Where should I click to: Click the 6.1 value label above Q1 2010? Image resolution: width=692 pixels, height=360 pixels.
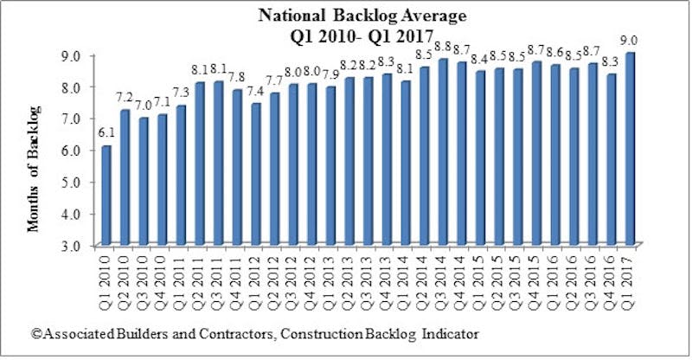[x=106, y=133]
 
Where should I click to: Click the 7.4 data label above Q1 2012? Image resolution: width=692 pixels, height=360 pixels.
[x=257, y=90]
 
